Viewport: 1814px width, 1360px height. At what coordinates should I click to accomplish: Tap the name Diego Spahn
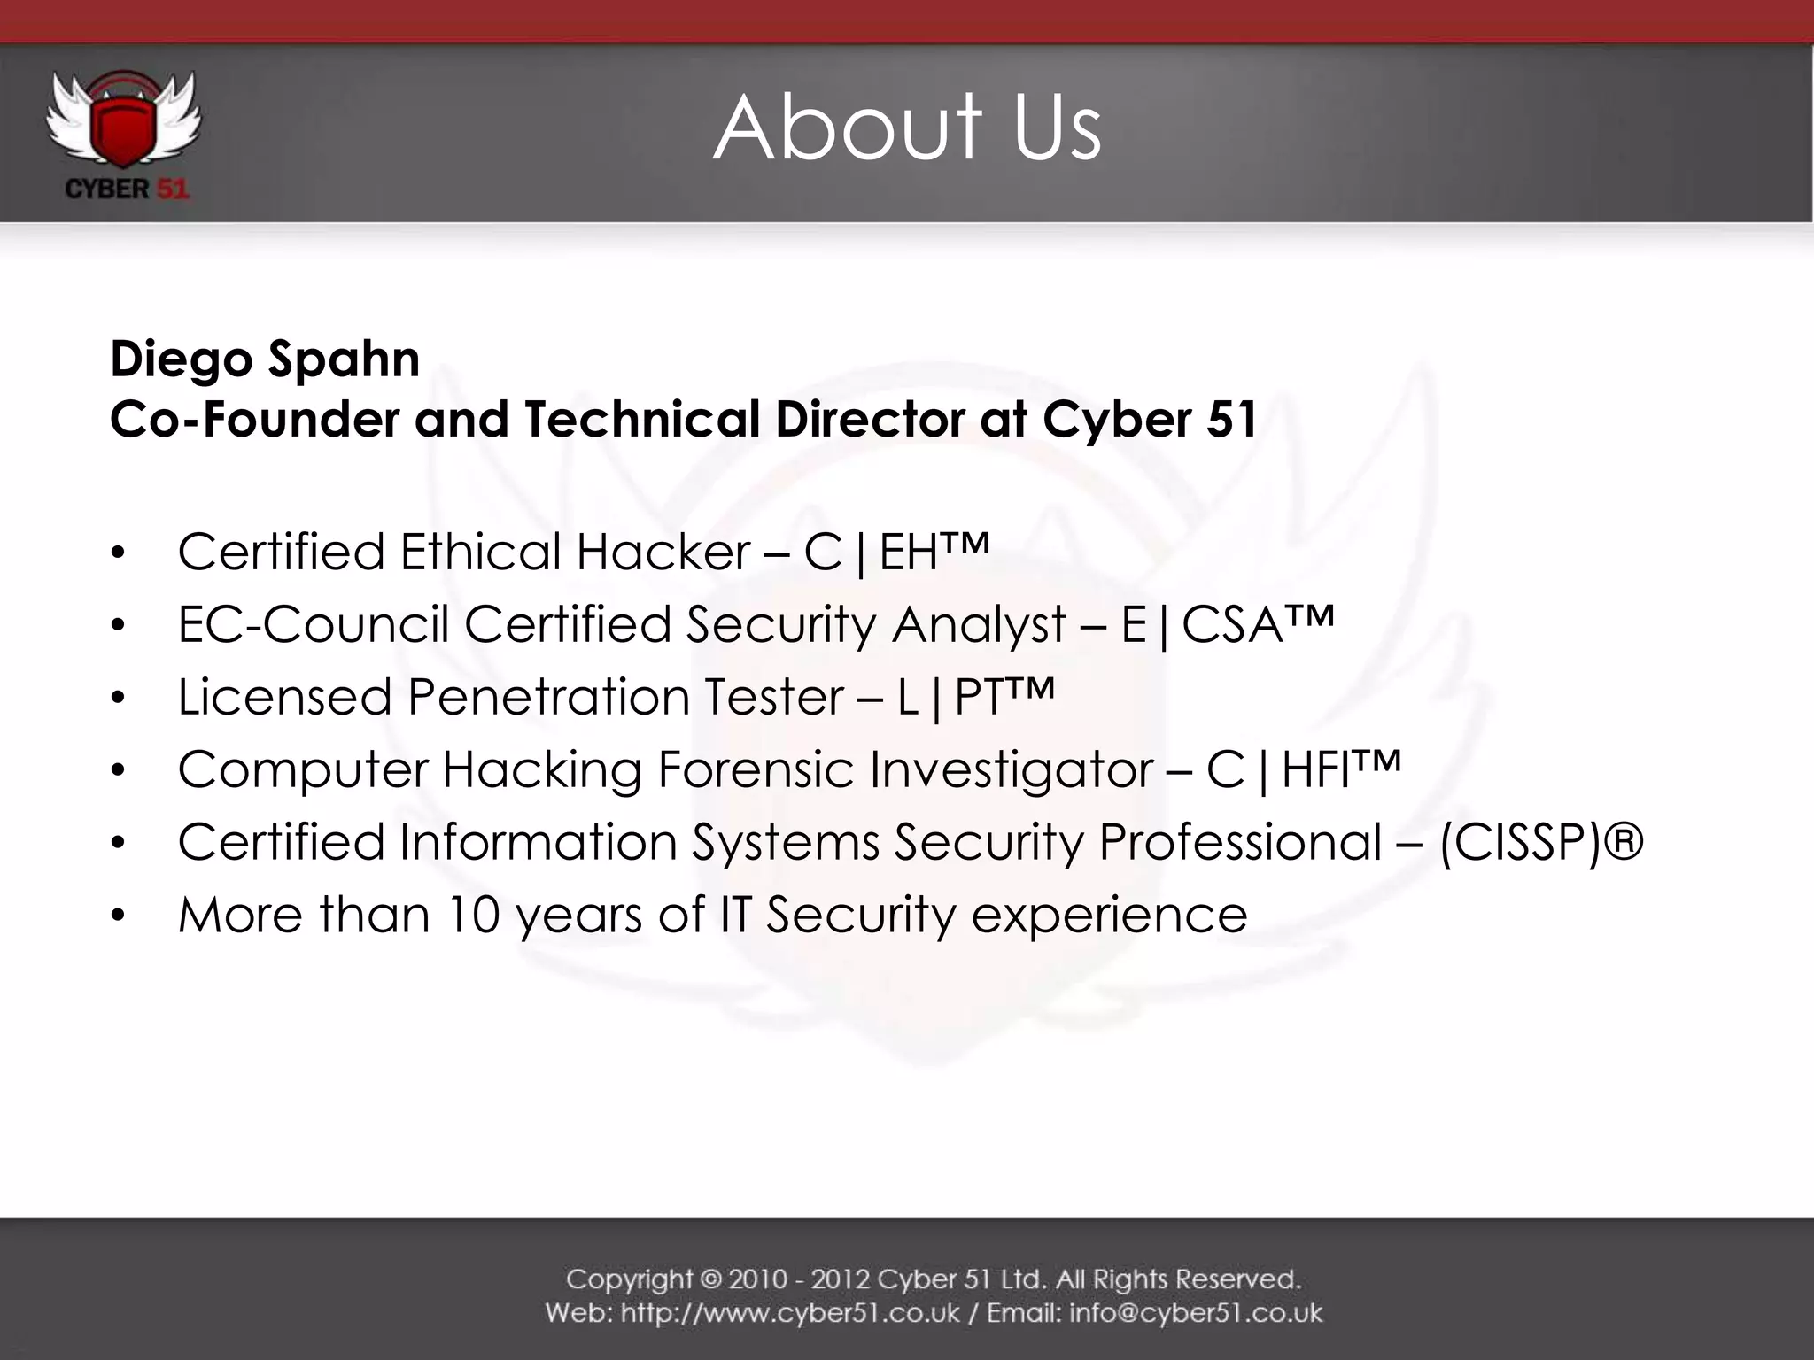(265, 359)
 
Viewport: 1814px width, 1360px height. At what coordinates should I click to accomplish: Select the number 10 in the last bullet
(474, 915)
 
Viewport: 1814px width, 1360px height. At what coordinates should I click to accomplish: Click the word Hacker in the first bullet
(663, 552)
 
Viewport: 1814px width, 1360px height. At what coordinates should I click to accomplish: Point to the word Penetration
(547, 698)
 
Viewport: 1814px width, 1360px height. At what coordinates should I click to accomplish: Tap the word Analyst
(979, 625)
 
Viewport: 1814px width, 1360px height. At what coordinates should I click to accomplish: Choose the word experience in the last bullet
(1109, 916)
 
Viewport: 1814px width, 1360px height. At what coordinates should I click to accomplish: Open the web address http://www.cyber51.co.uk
(790, 1312)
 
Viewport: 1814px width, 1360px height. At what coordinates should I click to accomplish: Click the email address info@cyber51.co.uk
(1196, 1312)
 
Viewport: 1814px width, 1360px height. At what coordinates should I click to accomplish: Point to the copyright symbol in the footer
(711, 1280)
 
